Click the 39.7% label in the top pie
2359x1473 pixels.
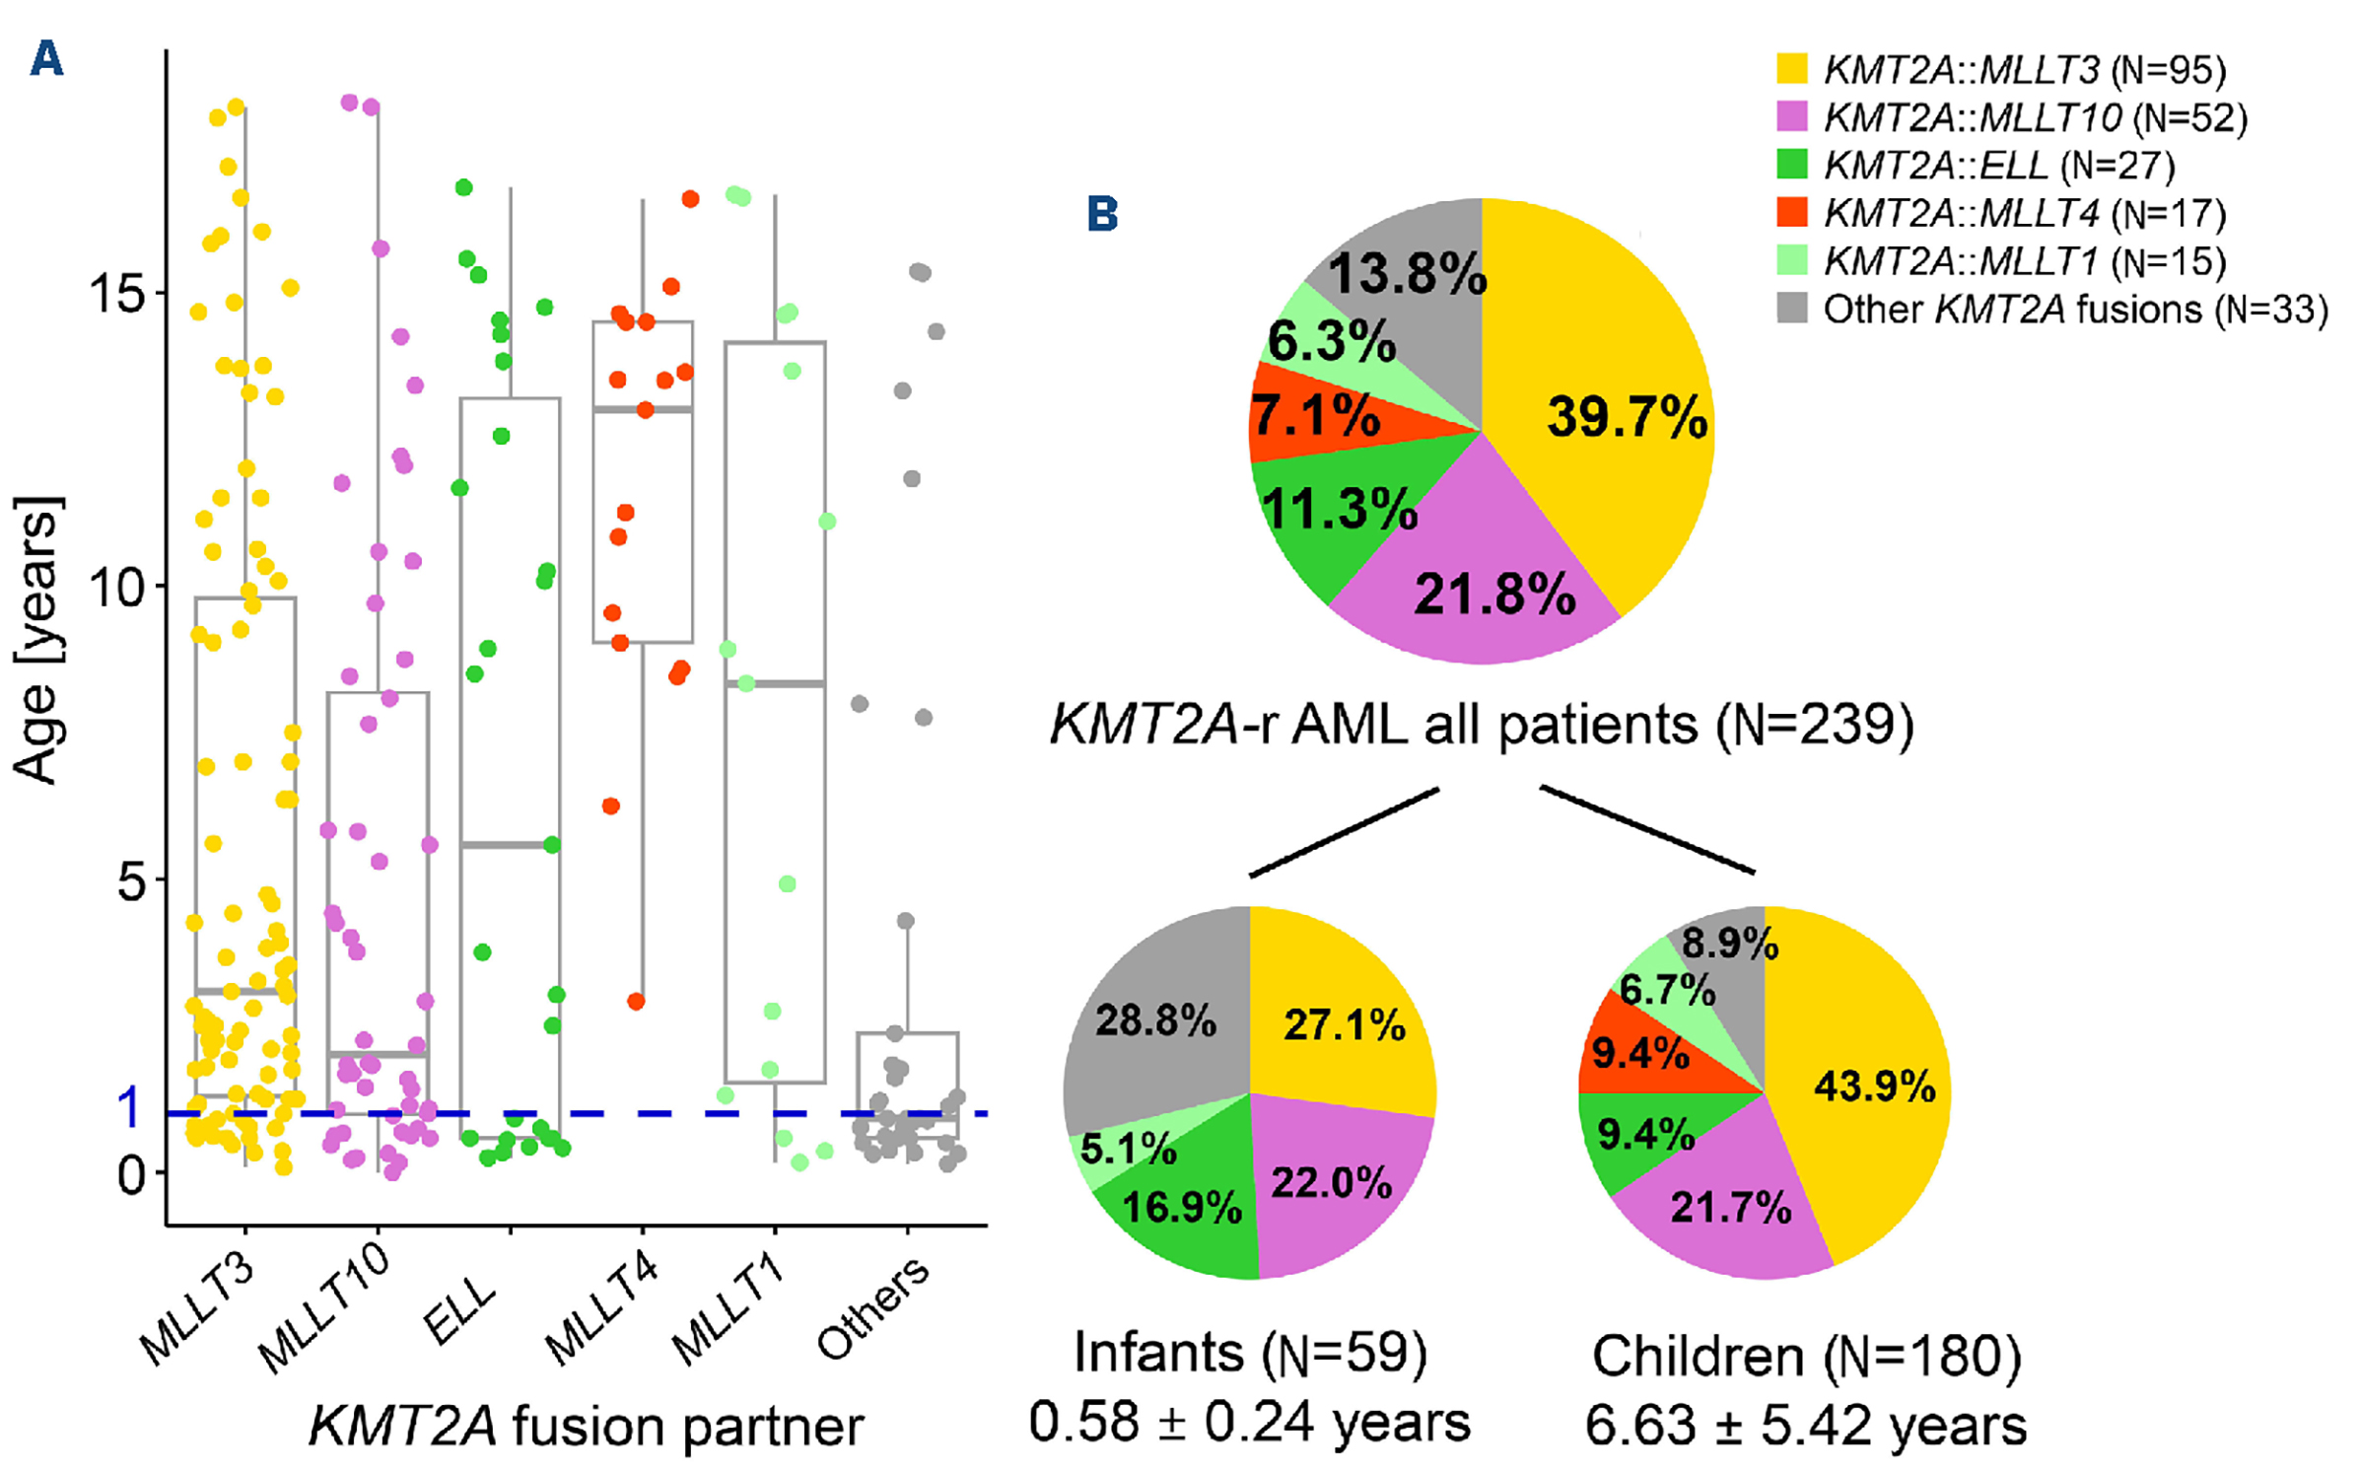tap(1627, 417)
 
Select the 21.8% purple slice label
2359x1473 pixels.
tap(1494, 595)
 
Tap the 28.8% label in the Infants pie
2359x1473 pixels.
tap(1155, 1019)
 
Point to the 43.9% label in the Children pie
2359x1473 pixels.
tap(1874, 1087)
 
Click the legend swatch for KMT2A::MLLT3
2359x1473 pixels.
tap(1791, 69)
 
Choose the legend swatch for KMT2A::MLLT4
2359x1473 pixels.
tap(1791, 213)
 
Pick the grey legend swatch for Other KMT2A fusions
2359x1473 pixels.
tap(1791, 309)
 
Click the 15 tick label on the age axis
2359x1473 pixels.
tap(116, 293)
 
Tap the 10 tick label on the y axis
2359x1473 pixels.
tap(116, 588)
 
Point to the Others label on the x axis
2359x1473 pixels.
tap(872, 1308)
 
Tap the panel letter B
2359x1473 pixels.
tap(1102, 213)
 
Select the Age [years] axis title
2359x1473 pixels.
tap(37, 641)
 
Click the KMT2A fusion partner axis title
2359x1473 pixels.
tap(586, 1427)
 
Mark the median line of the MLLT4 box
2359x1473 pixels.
tap(643, 408)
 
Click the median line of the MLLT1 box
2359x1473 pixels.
tap(775, 683)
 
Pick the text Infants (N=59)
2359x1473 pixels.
tap(1249, 1352)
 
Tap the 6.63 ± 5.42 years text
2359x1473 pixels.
tap(1805, 1425)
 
